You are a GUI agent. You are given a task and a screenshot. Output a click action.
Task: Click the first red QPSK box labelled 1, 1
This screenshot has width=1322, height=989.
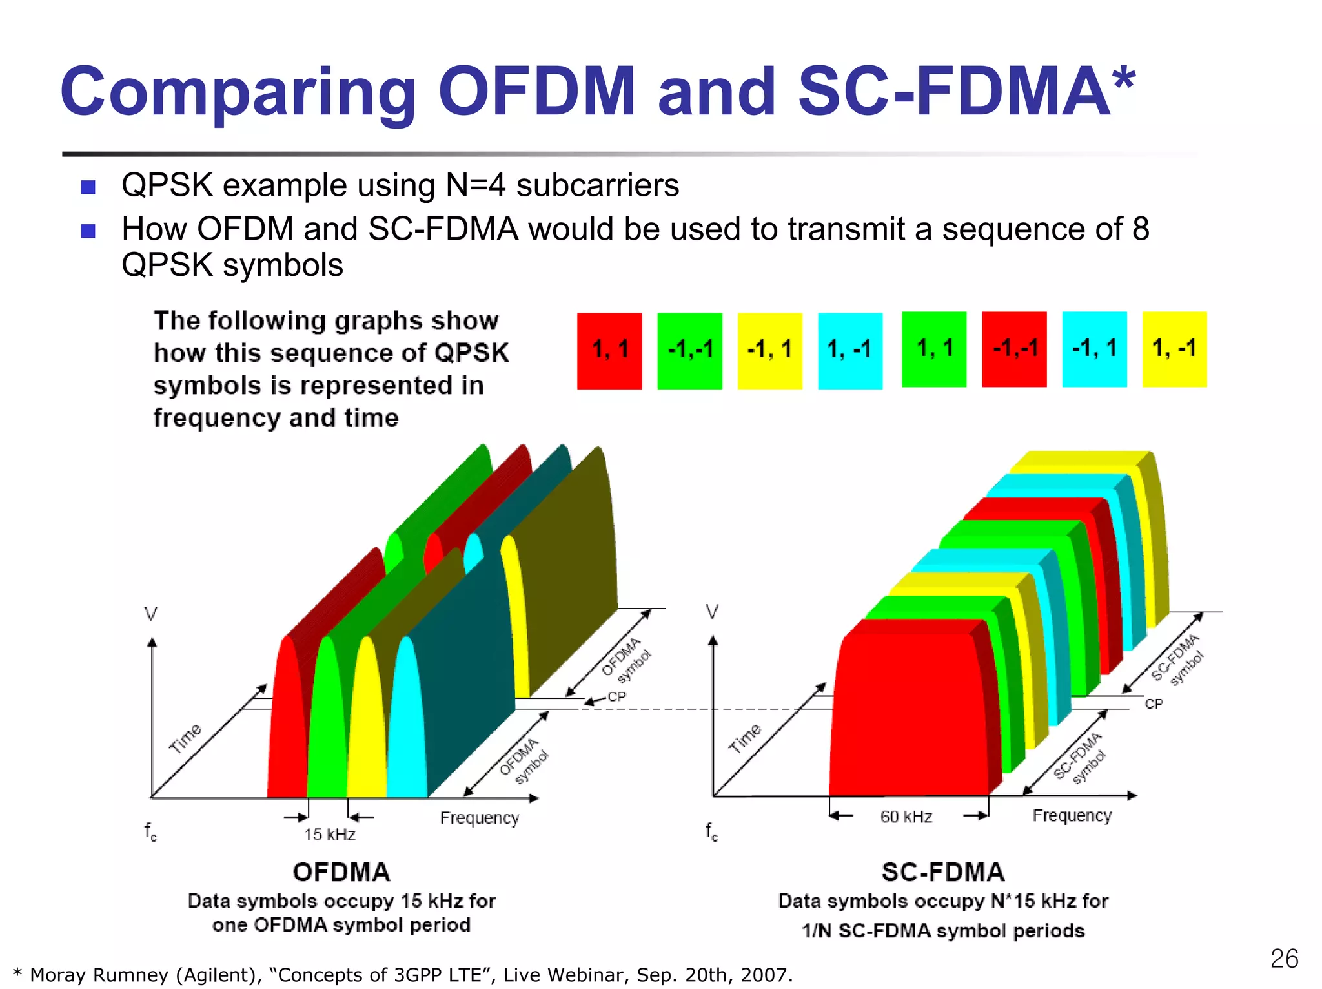click(x=609, y=351)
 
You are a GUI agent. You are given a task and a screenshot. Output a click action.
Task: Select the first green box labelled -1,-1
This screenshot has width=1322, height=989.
click(x=689, y=351)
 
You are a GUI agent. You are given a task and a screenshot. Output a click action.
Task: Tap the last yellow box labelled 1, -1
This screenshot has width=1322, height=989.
click(x=1174, y=349)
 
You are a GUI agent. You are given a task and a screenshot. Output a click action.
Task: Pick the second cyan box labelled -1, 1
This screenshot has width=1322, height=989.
click(x=1094, y=349)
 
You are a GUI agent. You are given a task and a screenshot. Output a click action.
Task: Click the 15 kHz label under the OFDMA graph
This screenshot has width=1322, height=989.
click(x=330, y=835)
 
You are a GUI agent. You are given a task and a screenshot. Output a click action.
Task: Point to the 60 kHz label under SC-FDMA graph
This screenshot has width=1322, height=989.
click(x=906, y=817)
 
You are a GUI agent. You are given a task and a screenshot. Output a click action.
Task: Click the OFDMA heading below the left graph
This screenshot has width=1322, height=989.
click(x=341, y=872)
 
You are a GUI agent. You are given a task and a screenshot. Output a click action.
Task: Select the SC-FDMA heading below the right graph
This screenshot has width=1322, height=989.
click(x=943, y=872)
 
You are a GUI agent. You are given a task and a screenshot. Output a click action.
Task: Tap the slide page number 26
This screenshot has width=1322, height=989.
click(x=1284, y=959)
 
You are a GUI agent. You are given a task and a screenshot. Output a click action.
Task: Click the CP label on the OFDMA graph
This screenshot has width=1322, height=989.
click(x=616, y=696)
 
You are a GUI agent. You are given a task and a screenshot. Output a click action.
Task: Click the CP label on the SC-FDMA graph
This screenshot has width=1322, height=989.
click(x=1154, y=703)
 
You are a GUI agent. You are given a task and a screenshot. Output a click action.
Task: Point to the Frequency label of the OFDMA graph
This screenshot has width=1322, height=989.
click(x=480, y=818)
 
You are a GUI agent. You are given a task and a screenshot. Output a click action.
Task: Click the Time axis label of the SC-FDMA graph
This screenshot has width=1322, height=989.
click(x=745, y=738)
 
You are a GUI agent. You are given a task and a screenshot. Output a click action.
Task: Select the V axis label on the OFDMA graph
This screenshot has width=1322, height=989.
click(x=151, y=613)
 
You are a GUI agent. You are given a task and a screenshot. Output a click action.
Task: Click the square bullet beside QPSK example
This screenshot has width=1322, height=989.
click(x=88, y=187)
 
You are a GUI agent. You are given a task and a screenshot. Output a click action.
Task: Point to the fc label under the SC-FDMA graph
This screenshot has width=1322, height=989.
click(x=711, y=831)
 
